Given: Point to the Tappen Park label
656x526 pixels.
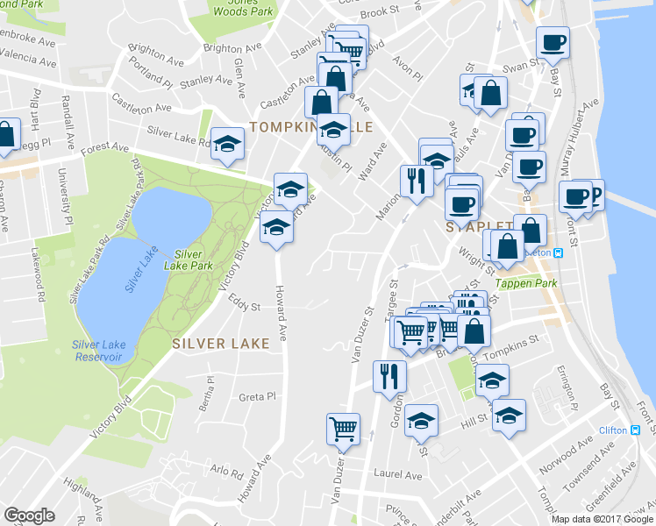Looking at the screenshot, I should [x=526, y=283].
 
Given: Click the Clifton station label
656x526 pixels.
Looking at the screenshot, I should [x=613, y=430].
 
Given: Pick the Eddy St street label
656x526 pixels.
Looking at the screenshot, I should [x=245, y=307].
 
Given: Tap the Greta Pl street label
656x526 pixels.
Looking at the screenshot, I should [x=258, y=397].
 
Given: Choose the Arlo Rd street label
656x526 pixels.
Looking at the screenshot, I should [x=226, y=470].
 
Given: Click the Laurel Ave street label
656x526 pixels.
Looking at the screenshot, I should [x=397, y=476].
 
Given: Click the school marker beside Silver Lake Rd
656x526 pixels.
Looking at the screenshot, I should [x=228, y=144].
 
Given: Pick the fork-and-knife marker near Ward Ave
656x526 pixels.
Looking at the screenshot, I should [x=416, y=181].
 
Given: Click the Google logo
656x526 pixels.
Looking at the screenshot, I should [x=31, y=515].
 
